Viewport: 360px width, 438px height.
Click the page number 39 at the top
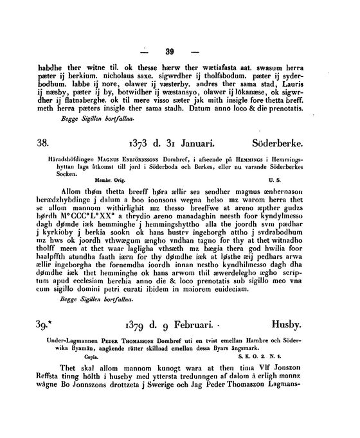click(170, 52)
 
